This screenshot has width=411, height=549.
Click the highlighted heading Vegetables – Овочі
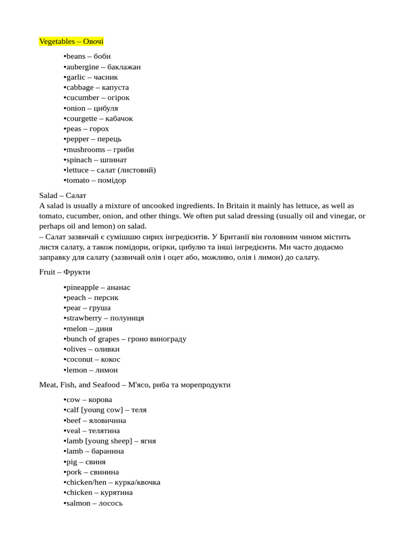(71, 41)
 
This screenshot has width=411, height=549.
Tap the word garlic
(76, 77)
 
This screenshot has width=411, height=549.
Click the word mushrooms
(86, 150)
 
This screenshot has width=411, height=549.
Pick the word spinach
(80, 160)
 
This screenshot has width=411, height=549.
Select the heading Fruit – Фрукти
(65, 272)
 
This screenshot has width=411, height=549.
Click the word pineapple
(82, 287)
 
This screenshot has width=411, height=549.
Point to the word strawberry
(84, 318)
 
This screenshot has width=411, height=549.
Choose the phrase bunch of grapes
(93, 339)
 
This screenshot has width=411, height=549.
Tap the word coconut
(79, 359)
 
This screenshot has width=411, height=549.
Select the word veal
(73, 431)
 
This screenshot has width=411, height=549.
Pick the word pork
(74, 472)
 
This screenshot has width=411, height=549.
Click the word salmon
(78, 503)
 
